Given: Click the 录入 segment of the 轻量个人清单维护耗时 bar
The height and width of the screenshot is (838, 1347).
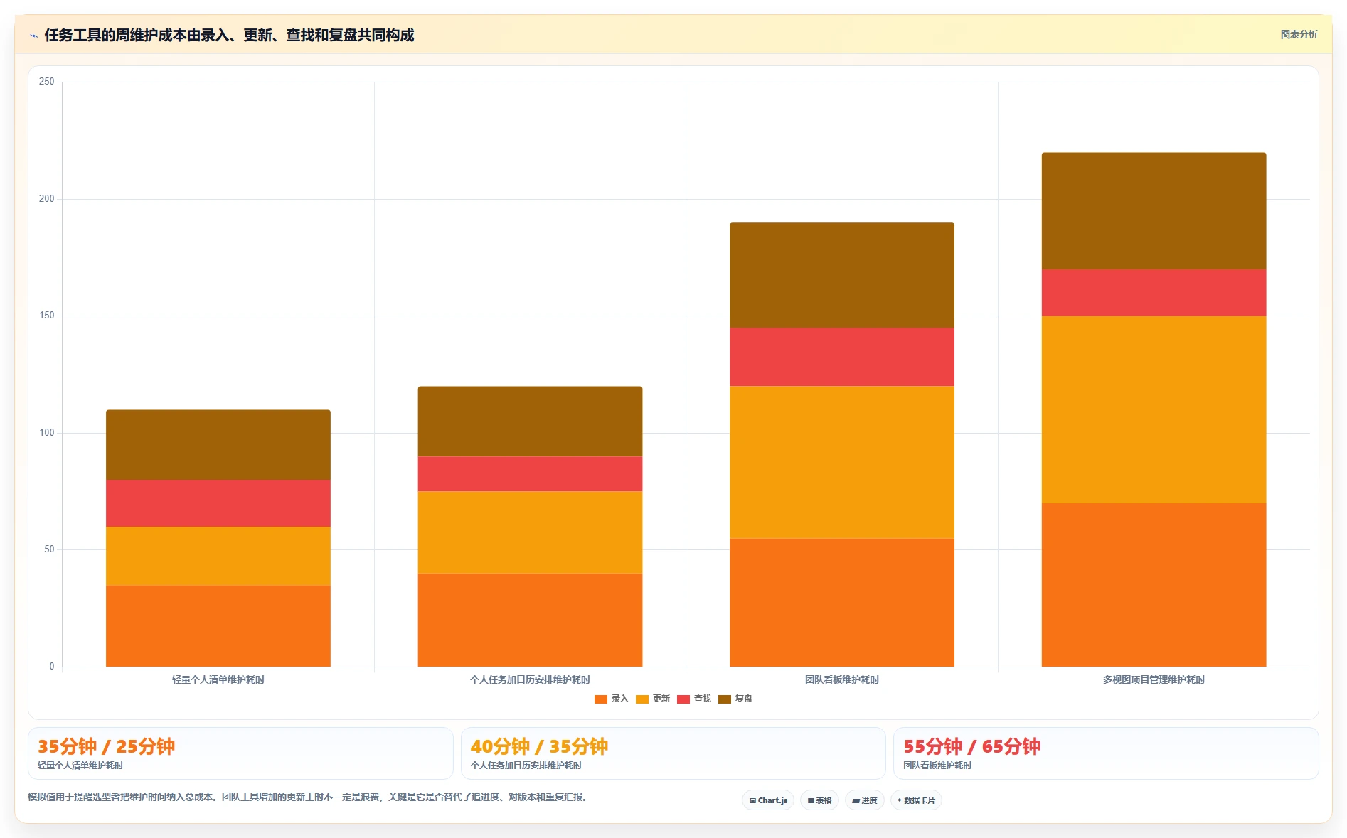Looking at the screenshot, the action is click(218, 626).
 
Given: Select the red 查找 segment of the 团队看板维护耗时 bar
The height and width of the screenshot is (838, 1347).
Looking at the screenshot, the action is click(842, 357).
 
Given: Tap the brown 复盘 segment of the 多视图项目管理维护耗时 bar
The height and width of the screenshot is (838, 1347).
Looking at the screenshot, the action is click(1154, 211).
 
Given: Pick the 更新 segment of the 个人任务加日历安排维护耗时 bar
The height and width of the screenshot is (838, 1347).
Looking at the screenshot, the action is click(530, 532).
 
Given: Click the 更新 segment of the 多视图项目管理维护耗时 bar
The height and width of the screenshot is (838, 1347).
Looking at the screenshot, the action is click(1154, 409).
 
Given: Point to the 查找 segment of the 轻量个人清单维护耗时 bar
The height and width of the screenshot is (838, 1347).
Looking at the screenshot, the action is click(218, 503).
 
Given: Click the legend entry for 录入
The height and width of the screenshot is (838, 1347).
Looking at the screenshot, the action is click(612, 699).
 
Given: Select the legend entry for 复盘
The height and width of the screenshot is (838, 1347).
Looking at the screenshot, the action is click(735, 699).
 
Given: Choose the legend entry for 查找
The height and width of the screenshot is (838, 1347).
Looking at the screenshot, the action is click(694, 699).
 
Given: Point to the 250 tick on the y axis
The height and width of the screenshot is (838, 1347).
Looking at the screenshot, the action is click(46, 82).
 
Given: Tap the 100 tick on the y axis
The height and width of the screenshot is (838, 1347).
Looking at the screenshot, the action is click(46, 433).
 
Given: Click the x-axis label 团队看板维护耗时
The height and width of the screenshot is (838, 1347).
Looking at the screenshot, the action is click(842, 679).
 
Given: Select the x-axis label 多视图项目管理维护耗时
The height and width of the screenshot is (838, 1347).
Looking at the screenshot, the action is click(1154, 679).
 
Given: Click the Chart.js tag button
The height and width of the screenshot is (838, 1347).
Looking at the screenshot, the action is click(768, 800).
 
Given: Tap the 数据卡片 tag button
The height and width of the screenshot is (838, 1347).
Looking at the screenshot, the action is click(916, 800).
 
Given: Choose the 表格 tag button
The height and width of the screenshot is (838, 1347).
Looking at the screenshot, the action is click(819, 800).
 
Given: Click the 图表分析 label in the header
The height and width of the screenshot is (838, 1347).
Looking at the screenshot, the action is click(1299, 34).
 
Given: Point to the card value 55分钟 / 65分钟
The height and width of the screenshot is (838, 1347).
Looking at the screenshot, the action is click(971, 746).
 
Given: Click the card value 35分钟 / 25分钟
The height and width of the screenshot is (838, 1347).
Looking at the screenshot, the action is click(106, 746).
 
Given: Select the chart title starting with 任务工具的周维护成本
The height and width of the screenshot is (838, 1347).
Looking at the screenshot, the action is click(229, 35).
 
